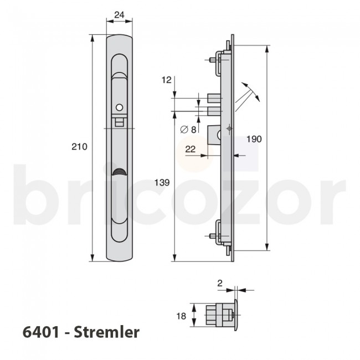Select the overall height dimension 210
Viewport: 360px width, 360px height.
coord(79,147)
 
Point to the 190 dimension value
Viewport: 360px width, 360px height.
coord(254,139)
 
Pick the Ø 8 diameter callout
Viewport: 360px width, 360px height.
coord(188,130)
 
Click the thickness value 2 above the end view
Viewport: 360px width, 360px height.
coord(220,283)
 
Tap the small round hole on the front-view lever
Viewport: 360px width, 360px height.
coord(119,106)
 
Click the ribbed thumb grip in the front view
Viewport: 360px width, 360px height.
coord(119,173)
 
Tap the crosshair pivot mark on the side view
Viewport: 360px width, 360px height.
coord(229,129)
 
